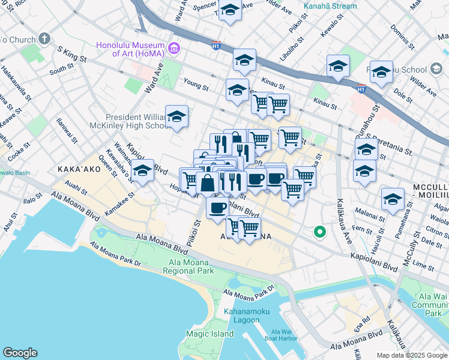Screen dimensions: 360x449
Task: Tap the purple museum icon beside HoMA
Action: click(x=174, y=47)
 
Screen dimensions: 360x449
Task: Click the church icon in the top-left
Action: click(x=44, y=39)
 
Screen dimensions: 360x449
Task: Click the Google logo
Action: click(x=20, y=353)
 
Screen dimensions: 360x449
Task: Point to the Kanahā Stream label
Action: click(x=330, y=6)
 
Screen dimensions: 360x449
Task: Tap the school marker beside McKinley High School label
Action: click(x=176, y=118)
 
